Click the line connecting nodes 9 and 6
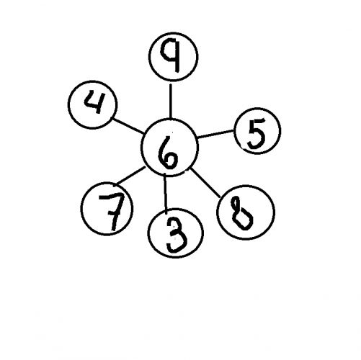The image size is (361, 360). click(x=170, y=101)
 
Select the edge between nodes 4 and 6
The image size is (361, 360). click(x=128, y=125)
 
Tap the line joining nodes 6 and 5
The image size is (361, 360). click(x=215, y=134)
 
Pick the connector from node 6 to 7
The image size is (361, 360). click(x=130, y=176)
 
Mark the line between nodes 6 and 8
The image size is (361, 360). click(x=205, y=183)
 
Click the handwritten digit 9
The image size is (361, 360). click(x=171, y=55)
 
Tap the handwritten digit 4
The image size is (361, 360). click(x=93, y=102)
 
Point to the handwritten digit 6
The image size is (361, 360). click(x=168, y=152)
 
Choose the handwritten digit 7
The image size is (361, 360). click(x=112, y=211)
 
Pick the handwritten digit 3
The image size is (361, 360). click(x=177, y=235)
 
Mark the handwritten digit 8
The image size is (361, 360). click(x=241, y=213)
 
